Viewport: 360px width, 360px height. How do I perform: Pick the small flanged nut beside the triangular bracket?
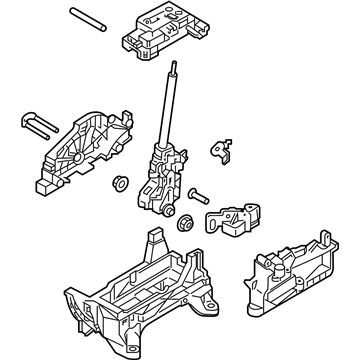(119, 183)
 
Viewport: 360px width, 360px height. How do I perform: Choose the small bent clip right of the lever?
(220, 148)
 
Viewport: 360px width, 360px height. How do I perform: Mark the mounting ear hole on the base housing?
(72, 299)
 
